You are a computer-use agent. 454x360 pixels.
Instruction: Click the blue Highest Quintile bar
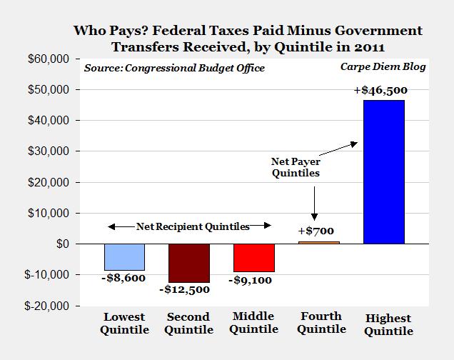(383, 171)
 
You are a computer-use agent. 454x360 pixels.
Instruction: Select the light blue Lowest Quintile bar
(124, 256)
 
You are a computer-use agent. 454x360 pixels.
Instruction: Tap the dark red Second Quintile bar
(189, 263)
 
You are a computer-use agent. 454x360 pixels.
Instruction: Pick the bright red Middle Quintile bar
(254, 257)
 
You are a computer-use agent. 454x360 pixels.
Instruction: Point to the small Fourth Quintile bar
(319, 243)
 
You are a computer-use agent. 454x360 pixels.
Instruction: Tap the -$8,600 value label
(124, 279)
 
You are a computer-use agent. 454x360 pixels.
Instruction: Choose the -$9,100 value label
(254, 281)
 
